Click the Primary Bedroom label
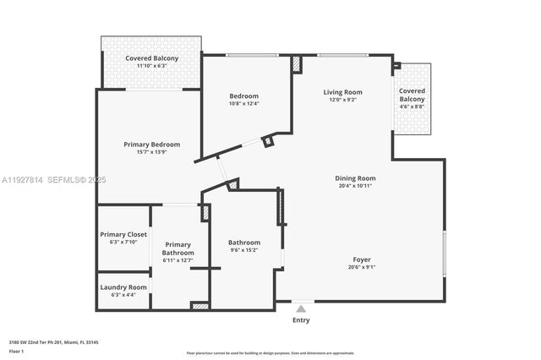coord(152,144)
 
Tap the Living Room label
coord(342,92)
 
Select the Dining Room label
coord(355,178)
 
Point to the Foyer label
coord(362,259)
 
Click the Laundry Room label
coord(123,287)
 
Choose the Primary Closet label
coord(123,234)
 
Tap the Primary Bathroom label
coord(178,248)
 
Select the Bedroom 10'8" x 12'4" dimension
coord(243,104)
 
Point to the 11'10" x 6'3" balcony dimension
coord(151,66)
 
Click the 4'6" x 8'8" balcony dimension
coord(413,107)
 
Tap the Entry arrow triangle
coord(301,309)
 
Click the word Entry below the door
coord(301,320)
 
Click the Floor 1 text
coord(16,350)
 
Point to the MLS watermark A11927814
coord(22,180)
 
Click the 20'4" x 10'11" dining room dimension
coord(355,187)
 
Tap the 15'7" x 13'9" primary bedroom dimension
coord(152,152)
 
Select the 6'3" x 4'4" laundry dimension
coord(123,295)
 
